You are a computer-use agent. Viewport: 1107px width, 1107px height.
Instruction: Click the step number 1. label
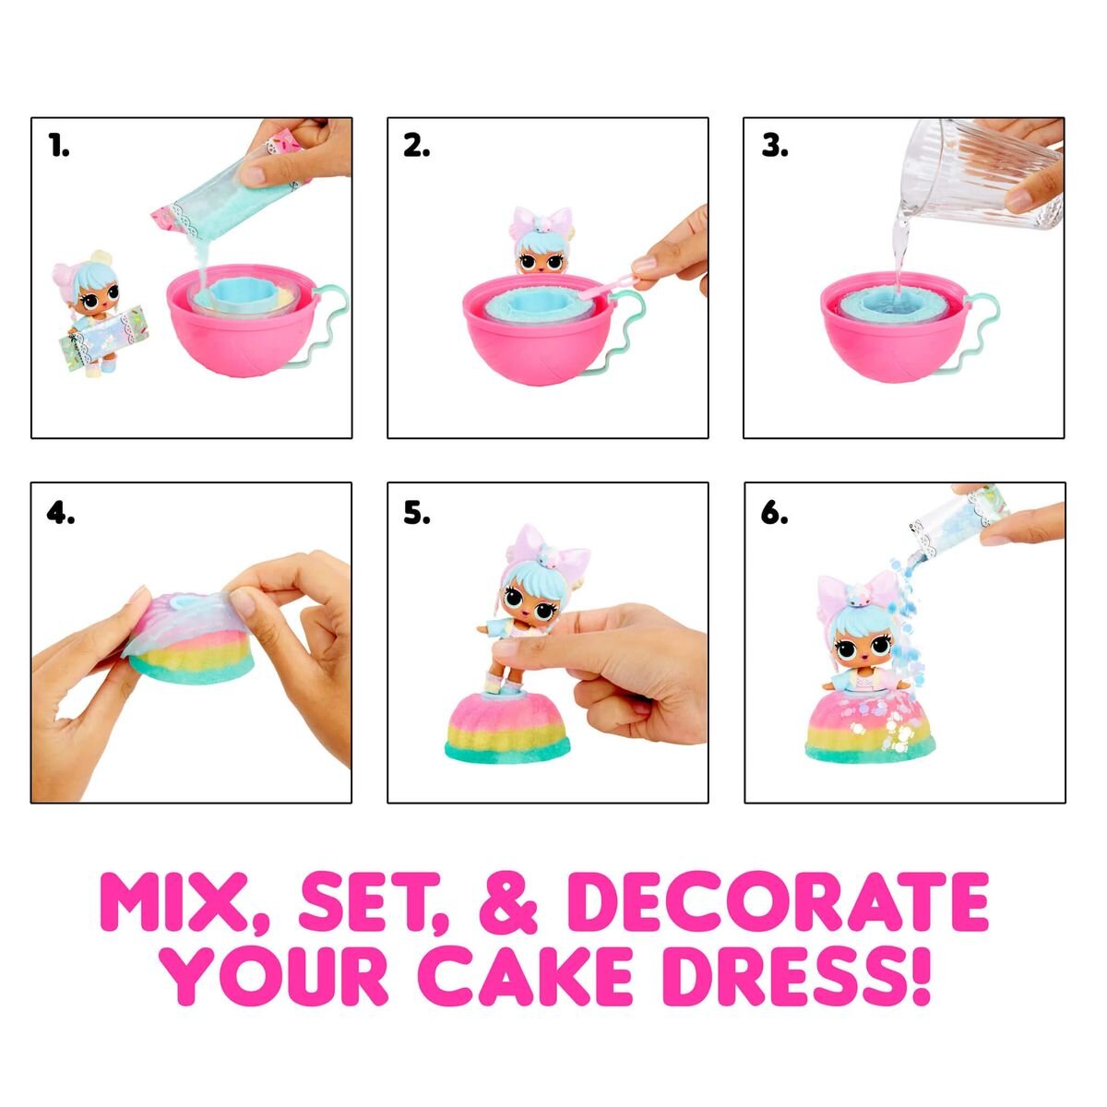(59, 146)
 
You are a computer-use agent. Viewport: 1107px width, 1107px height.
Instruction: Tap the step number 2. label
(416, 146)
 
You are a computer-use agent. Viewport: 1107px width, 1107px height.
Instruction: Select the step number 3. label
(774, 146)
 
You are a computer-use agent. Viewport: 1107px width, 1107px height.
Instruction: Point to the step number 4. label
(60, 512)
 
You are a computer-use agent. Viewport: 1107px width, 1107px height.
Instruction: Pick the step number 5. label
(416, 512)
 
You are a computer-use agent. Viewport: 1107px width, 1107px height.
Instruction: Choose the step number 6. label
(774, 512)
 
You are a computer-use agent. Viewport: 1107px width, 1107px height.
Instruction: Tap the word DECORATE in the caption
(780, 901)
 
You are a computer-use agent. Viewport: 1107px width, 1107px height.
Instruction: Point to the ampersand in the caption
(507, 901)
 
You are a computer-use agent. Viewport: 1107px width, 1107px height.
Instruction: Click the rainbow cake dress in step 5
(506, 726)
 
